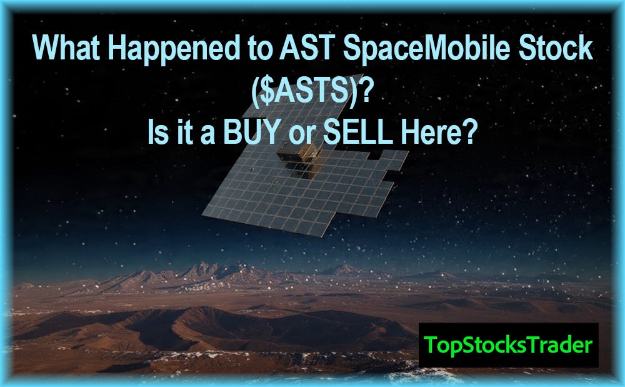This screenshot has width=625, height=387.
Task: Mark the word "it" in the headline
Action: (x=184, y=132)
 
